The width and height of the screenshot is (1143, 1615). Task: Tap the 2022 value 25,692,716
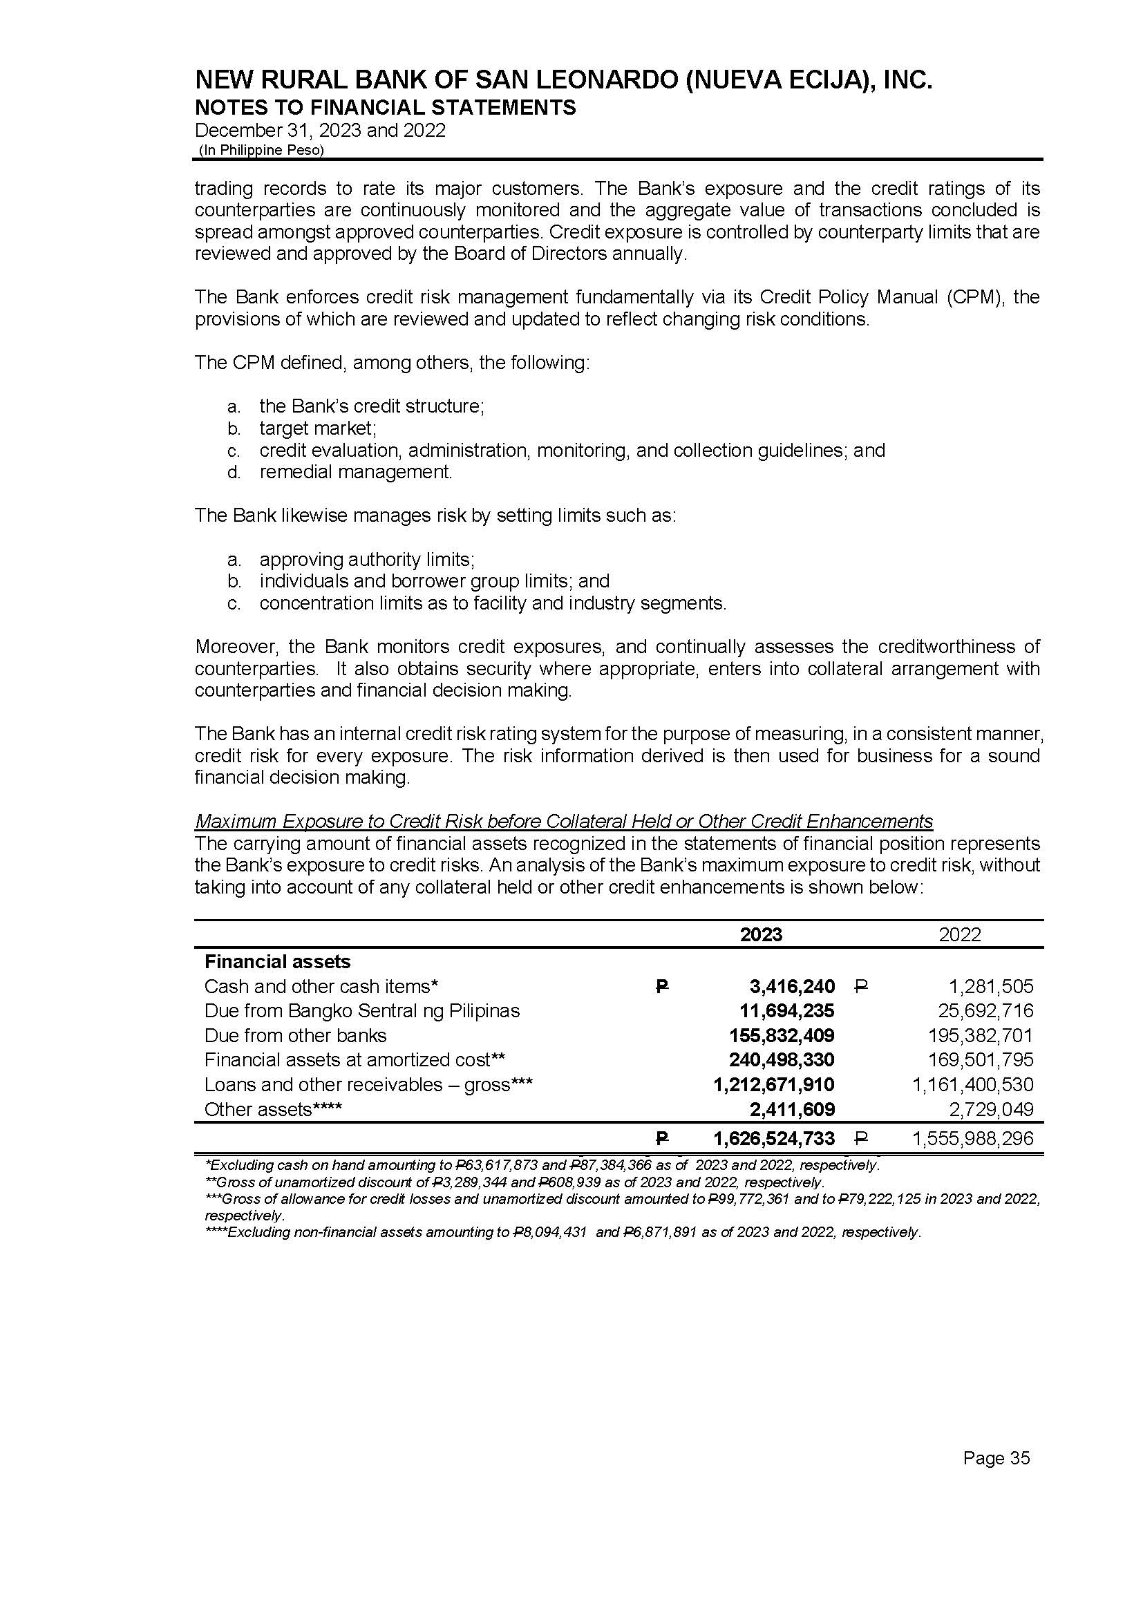click(985, 1011)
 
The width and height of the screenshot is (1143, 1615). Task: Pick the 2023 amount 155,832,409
click(782, 1036)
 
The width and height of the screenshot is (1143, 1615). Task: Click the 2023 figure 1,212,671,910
click(773, 1084)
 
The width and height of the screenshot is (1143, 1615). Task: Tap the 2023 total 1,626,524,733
click(773, 1139)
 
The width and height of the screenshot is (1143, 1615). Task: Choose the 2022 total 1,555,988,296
click(974, 1139)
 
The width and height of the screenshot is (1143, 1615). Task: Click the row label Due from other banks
click(295, 1036)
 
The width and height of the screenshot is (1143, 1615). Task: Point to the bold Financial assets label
click(277, 961)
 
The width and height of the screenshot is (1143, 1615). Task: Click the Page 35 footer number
click(996, 1458)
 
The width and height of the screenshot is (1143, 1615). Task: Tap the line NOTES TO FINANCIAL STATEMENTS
click(385, 108)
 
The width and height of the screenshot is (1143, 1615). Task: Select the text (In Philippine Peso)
click(261, 150)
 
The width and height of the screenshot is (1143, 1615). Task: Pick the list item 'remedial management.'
click(355, 471)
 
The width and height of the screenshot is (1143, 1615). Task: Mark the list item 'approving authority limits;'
click(367, 560)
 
